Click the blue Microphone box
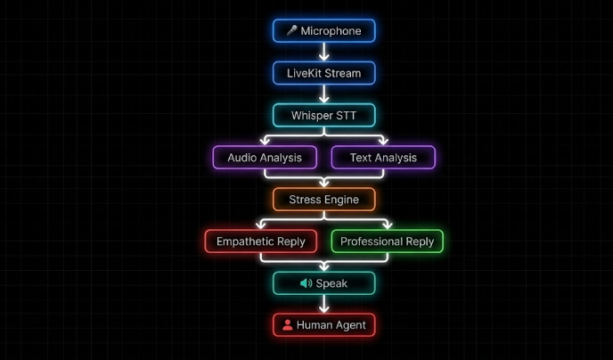point(323,30)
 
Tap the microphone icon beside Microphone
point(291,30)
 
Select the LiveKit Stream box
point(323,72)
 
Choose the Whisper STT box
point(323,115)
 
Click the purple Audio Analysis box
point(264,158)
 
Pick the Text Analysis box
point(383,158)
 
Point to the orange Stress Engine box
point(323,200)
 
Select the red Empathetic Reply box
point(260,241)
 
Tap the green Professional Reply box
point(387,241)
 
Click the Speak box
point(323,283)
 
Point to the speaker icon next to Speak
point(306,283)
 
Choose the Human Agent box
point(323,325)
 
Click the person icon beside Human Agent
point(287,325)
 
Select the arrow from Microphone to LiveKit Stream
point(324,52)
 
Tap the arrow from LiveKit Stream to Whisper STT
point(324,94)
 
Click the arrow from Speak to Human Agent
point(324,305)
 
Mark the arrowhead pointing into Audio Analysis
point(264,141)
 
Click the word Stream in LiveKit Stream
point(342,72)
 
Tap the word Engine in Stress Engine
point(341,200)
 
